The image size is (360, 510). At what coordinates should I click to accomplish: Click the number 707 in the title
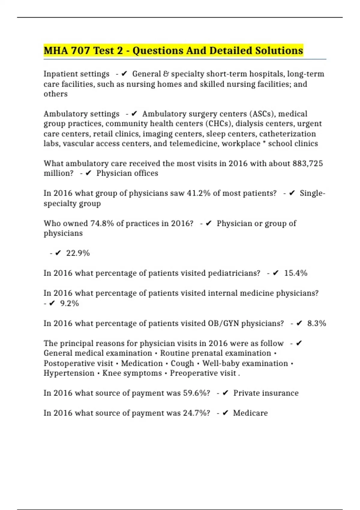coord(80,51)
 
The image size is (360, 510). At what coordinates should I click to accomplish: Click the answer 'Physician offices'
coord(127,173)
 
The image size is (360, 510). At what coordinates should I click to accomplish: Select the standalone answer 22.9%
coord(78,253)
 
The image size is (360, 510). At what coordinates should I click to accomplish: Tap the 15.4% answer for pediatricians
coord(296,273)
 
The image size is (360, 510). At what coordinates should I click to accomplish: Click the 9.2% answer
coord(70,304)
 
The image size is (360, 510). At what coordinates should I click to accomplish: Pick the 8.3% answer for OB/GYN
coord(316,323)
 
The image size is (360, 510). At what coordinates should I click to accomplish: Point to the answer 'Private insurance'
coord(266,393)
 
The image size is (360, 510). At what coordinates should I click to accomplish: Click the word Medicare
coord(250,413)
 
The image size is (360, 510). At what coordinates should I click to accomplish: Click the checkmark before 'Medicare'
coord(226,413)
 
